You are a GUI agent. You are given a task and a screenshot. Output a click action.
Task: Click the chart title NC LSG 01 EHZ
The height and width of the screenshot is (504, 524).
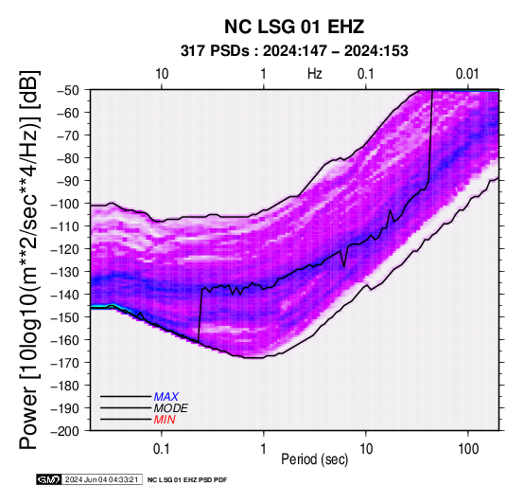(x=294, y=27)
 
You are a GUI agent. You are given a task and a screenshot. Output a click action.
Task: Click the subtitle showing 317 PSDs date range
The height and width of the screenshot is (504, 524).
(x=294, y=51)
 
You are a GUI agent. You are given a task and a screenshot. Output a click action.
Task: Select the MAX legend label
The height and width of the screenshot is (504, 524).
(x=166, y=397)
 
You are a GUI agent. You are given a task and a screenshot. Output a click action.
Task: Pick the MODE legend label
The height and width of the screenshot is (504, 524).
(x=171, y=408)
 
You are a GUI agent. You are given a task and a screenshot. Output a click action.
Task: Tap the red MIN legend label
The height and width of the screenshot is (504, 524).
(x=165, y=420)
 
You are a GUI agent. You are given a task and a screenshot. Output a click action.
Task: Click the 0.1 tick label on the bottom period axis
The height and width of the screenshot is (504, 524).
(x=162, y=449)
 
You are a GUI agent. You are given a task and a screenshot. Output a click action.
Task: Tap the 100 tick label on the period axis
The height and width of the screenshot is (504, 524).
(x=468, y=449)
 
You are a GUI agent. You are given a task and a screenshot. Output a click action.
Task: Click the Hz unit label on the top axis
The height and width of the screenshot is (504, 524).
(x=315, y=74)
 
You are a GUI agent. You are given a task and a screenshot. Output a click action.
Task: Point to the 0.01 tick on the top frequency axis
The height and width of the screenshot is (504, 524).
(x=467, y=74)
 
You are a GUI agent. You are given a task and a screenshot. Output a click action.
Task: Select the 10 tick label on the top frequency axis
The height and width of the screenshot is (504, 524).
(x=162, y=74)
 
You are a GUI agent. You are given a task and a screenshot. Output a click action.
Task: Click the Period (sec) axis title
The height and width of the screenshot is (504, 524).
(x=314, y=459)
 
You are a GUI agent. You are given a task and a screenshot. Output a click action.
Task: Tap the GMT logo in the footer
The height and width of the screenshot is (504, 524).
(x=49, y=479)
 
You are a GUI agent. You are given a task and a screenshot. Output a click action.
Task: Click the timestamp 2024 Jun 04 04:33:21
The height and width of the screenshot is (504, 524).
(x=101, y=479)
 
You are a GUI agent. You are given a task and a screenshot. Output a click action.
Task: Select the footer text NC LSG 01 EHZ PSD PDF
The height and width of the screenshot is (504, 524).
(x=187, y=480)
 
